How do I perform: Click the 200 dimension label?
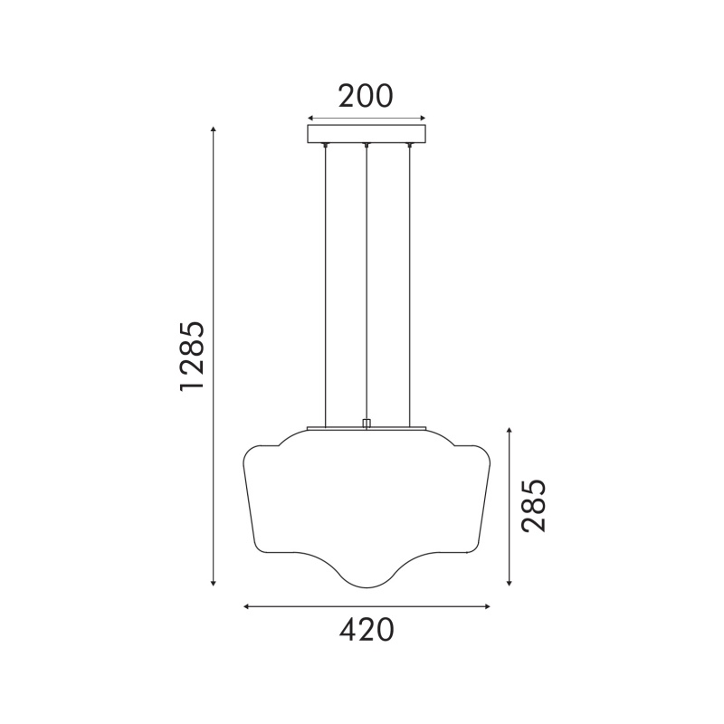(366, 96)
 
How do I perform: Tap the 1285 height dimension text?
(192, 356)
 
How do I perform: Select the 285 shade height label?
(533, 506)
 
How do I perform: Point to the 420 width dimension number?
(367, 630)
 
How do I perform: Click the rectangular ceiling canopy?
(367, 133)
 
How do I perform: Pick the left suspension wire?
(326, 286)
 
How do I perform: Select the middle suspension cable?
(367, 282)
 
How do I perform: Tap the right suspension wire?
(409, 286)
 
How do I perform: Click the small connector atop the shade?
(367, 424)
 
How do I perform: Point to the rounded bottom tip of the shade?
(367, 587)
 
